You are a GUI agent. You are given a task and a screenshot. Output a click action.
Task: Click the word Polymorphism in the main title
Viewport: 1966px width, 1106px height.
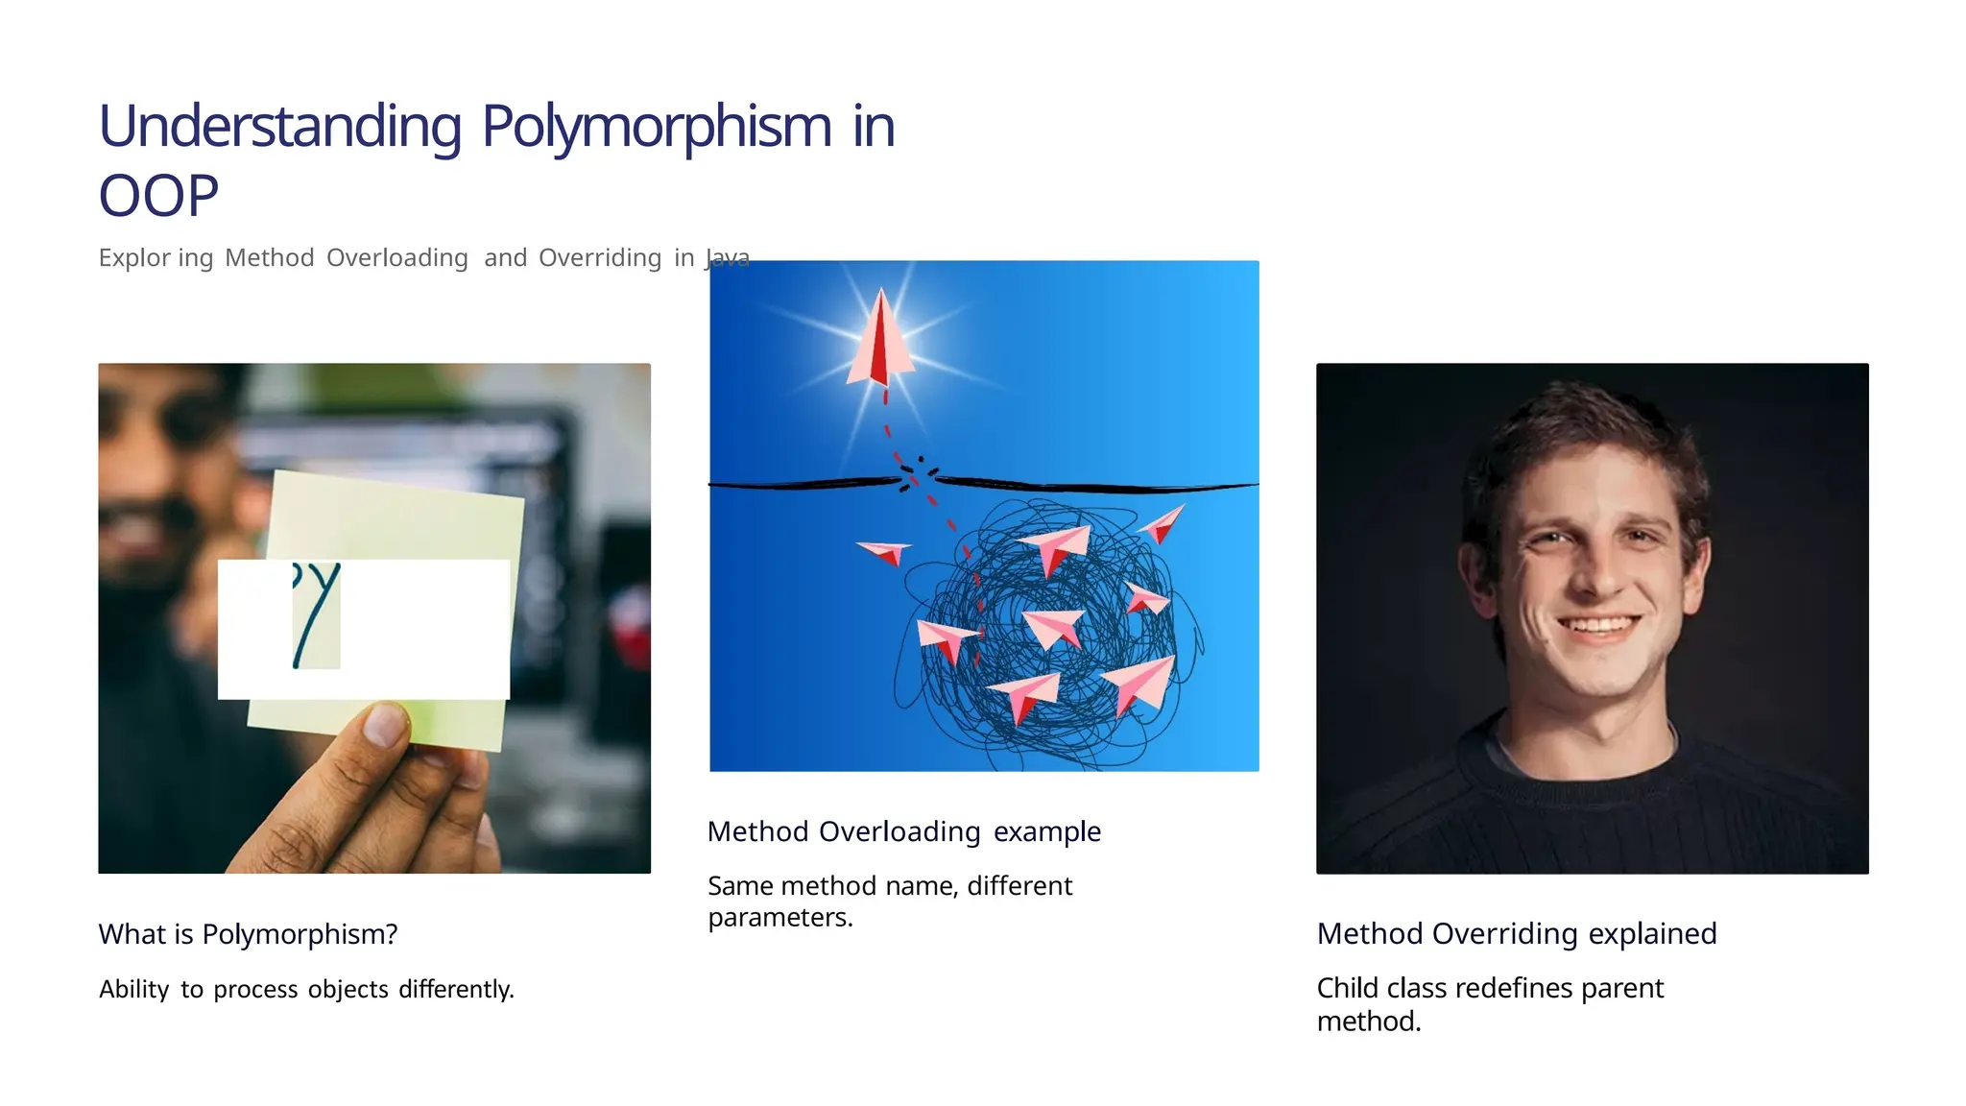point(657,127)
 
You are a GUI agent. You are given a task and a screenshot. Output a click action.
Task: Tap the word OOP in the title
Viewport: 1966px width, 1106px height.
point(158,196)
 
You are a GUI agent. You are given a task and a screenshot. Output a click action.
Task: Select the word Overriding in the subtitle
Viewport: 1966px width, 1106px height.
point(600,257)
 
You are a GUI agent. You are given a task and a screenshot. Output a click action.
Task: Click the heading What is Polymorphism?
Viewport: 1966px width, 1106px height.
point(248,933)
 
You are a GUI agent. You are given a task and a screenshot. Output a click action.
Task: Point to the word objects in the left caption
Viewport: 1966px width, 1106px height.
point(348,989)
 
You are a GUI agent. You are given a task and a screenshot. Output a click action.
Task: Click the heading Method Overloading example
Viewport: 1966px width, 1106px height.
point(903,830)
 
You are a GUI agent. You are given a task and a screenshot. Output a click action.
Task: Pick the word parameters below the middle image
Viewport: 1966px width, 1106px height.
point(779,918)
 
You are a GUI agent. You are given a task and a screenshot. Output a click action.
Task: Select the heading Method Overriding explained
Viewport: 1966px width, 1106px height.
point(1516,933)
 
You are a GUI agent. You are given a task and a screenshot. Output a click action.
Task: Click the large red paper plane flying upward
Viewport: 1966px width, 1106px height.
point(880,341)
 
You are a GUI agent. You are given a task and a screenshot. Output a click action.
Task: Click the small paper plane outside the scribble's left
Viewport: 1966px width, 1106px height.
point(884,552)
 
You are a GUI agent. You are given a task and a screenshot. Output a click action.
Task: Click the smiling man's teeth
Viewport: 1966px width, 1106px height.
point(1598,627)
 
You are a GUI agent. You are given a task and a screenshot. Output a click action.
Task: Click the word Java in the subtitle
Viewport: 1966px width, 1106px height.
point(727,257)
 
